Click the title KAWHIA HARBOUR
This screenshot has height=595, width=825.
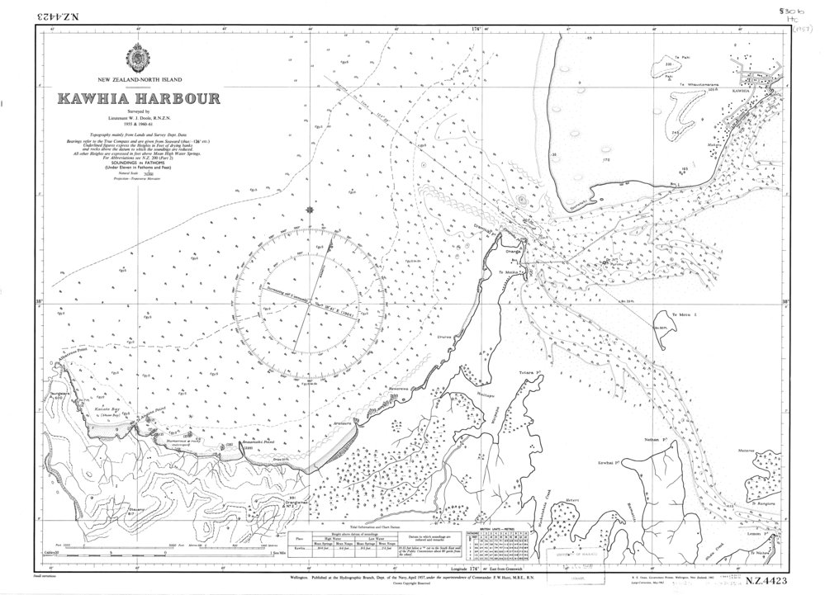138,99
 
